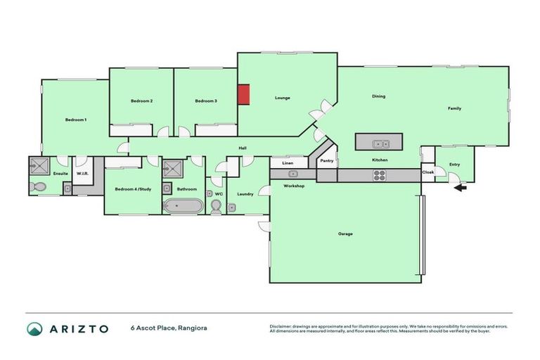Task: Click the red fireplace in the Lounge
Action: (x=243, y=94)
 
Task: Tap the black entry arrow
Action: (x=459, y=187)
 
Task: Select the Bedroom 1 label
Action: (x=76, y=120)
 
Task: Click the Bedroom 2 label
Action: (x=142, y=101)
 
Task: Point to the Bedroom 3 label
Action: (x=206, y=101)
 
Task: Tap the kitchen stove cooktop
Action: (x=379, y=176)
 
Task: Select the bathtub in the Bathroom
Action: (x=183, y=207)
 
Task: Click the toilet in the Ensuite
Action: (x=38, y=187)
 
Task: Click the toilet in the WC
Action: (x=217, y=205)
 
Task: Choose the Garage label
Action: (x=345, y=233)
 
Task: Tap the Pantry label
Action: (x=326, y=161)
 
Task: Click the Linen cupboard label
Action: (x=287, y=163)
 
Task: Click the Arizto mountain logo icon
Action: (x=34, y=328)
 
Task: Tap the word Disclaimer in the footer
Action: (x=283, y=326)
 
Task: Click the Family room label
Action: (x=455, y=108)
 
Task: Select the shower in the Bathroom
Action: (x=172, y=168)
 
